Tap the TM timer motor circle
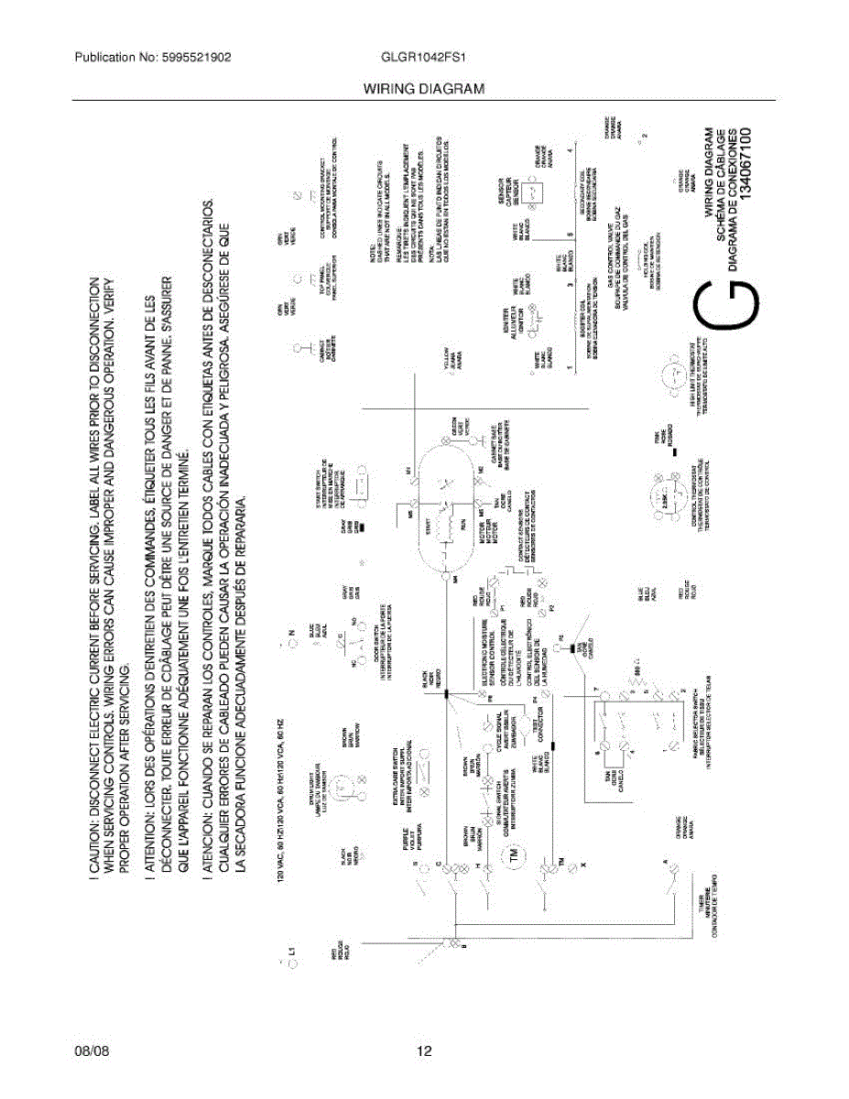pyautogui.click(x=512, y=857)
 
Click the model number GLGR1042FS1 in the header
pyautogui.click(x=424, y=57)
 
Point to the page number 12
pyautogui.click(x=424, y=1051)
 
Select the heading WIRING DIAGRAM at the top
pyautogui.click(x=423, y=89)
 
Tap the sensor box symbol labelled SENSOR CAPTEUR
pyautogui.click(x=536, y=193)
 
